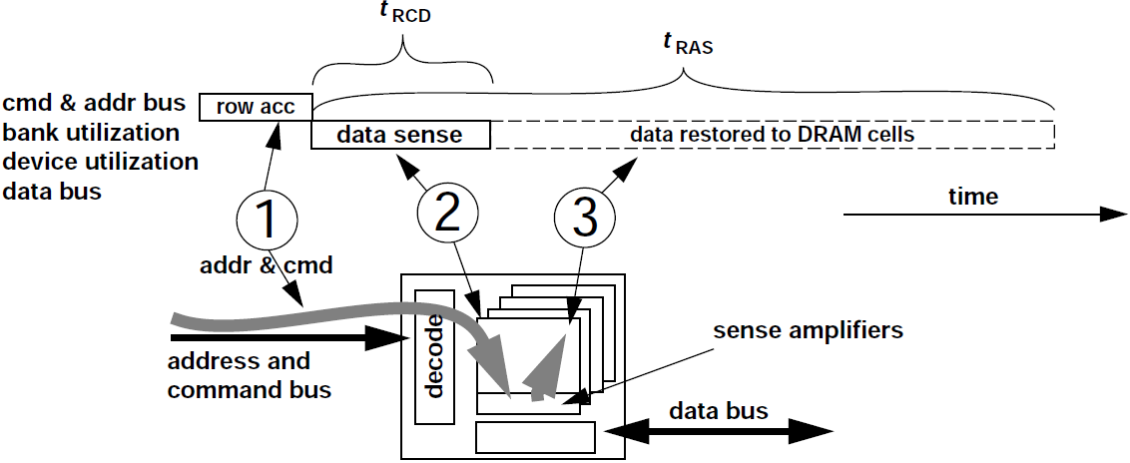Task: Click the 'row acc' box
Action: point(256,107)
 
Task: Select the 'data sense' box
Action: point(400,135)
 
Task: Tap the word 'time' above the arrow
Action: point(972,197)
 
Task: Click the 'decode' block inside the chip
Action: point(434,356)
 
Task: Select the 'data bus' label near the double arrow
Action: point(718,410)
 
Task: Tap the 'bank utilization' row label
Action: point(92,133)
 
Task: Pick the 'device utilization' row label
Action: point(101,162)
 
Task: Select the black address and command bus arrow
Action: point(280,340)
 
